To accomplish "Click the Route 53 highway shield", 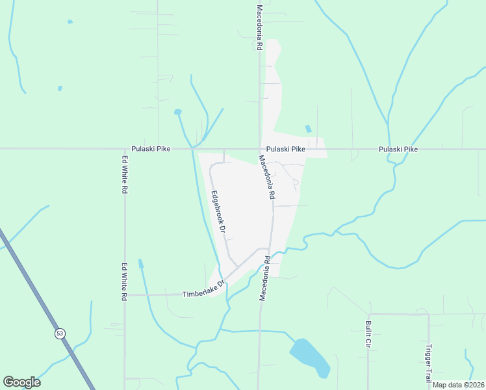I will click(x=60, y=333).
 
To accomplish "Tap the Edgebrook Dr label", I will click(x=218, y=211).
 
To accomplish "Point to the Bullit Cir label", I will click(x=368, y=333).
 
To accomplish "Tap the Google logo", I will click(x=21, y=382).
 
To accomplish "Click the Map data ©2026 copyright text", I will click(x=459, y=385).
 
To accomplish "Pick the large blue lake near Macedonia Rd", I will click(x=311, y=357).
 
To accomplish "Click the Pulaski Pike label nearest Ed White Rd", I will click(x=151, y=149).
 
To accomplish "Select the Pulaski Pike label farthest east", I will click(x=398, y=149).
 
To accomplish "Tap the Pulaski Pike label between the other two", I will click(x=286, y=149).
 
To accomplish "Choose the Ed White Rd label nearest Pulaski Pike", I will click(x=125, y=174).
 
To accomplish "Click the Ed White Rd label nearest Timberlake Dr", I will click(x=124, y=281).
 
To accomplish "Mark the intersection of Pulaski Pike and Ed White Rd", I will click(x=125, y=149).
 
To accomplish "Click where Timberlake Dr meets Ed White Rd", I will click(x=125, y=295).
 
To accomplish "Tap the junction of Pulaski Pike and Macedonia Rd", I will click(x=261, y=149).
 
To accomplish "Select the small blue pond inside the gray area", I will click(x=308, y=129).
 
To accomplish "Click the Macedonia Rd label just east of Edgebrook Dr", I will click(x=268, y=177).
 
